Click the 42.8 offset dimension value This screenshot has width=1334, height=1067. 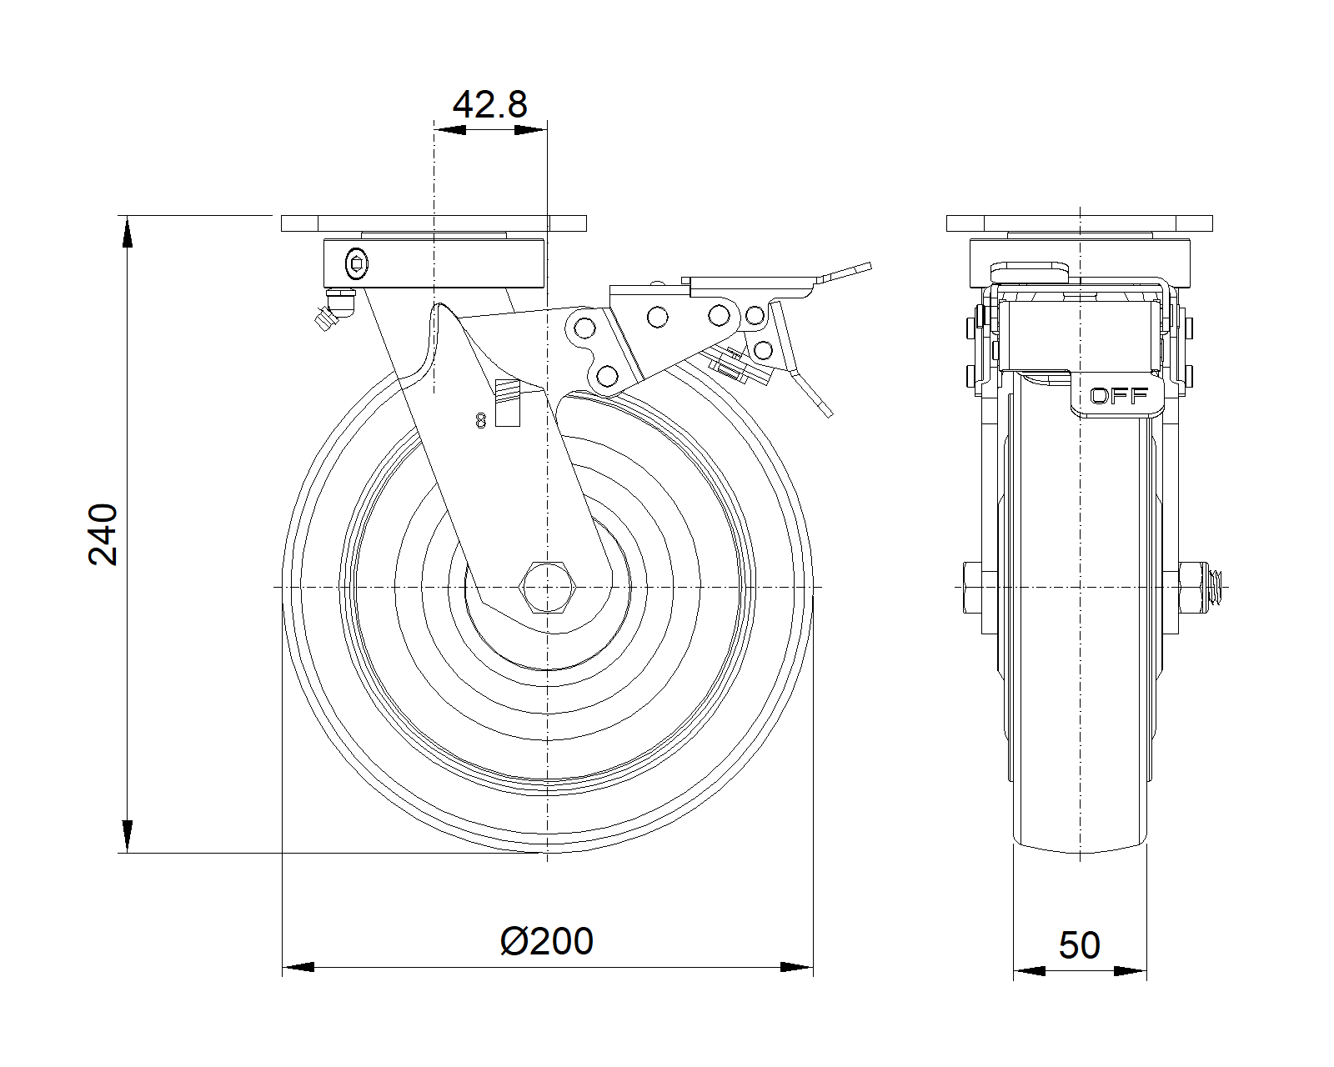point(489,105)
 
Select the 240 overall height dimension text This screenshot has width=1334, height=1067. point(103,534)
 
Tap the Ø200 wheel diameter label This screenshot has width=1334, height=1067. point(547,941)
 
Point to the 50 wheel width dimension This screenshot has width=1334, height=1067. point(1079,945)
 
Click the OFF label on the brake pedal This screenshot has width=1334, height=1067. point(1119,396)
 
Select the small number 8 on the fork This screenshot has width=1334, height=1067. point(480,421)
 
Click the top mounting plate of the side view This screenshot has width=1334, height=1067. point(1079,223)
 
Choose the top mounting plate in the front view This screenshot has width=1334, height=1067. point(434,223)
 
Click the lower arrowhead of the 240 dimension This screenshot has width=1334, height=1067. point(127,836)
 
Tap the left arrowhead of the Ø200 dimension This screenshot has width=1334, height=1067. point(298,968)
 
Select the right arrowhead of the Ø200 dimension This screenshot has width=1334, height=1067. point(796,968)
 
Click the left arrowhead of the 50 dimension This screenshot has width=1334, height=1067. point(1029,971)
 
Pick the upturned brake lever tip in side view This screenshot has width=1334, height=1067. point(850,272)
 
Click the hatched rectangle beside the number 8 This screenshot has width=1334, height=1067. point(507,403)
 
